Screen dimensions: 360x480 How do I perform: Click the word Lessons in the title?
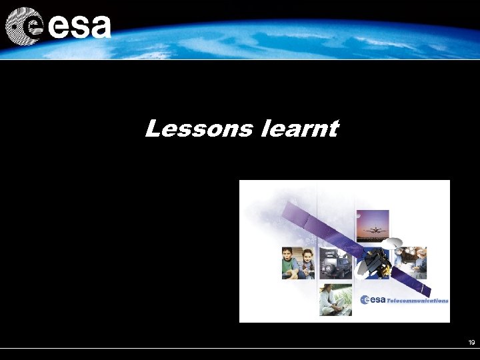point(199,128)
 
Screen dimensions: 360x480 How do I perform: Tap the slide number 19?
point(471,343)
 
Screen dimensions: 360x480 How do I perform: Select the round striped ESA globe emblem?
point(24,26)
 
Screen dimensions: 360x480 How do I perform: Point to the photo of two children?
point(297,263)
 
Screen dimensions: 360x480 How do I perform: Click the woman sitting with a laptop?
point(331,299)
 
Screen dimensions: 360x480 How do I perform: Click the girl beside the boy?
point(307,263)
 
